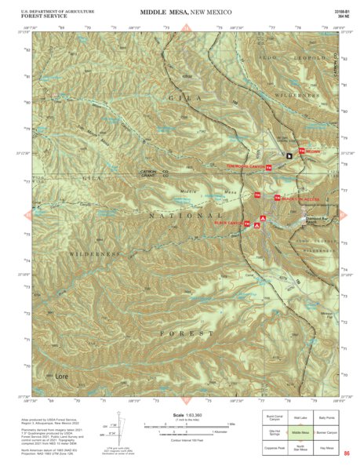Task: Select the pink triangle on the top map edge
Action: click(x=187, y=28)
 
